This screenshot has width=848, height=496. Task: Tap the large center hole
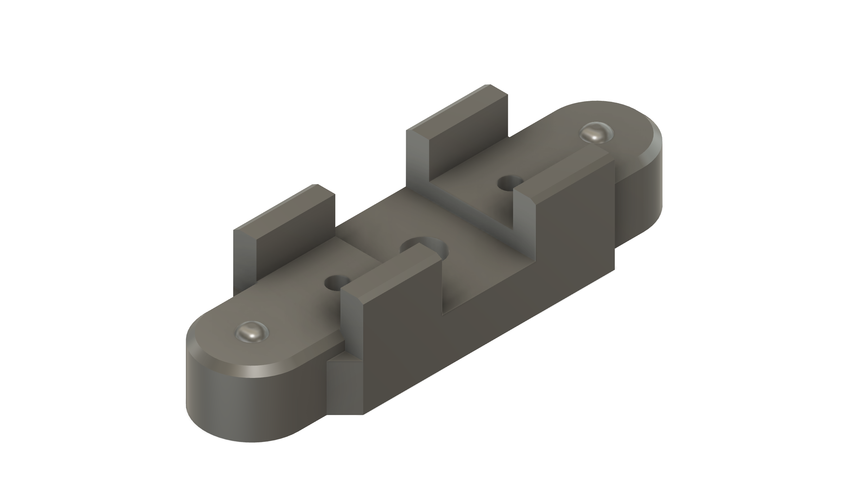coord(427,248)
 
